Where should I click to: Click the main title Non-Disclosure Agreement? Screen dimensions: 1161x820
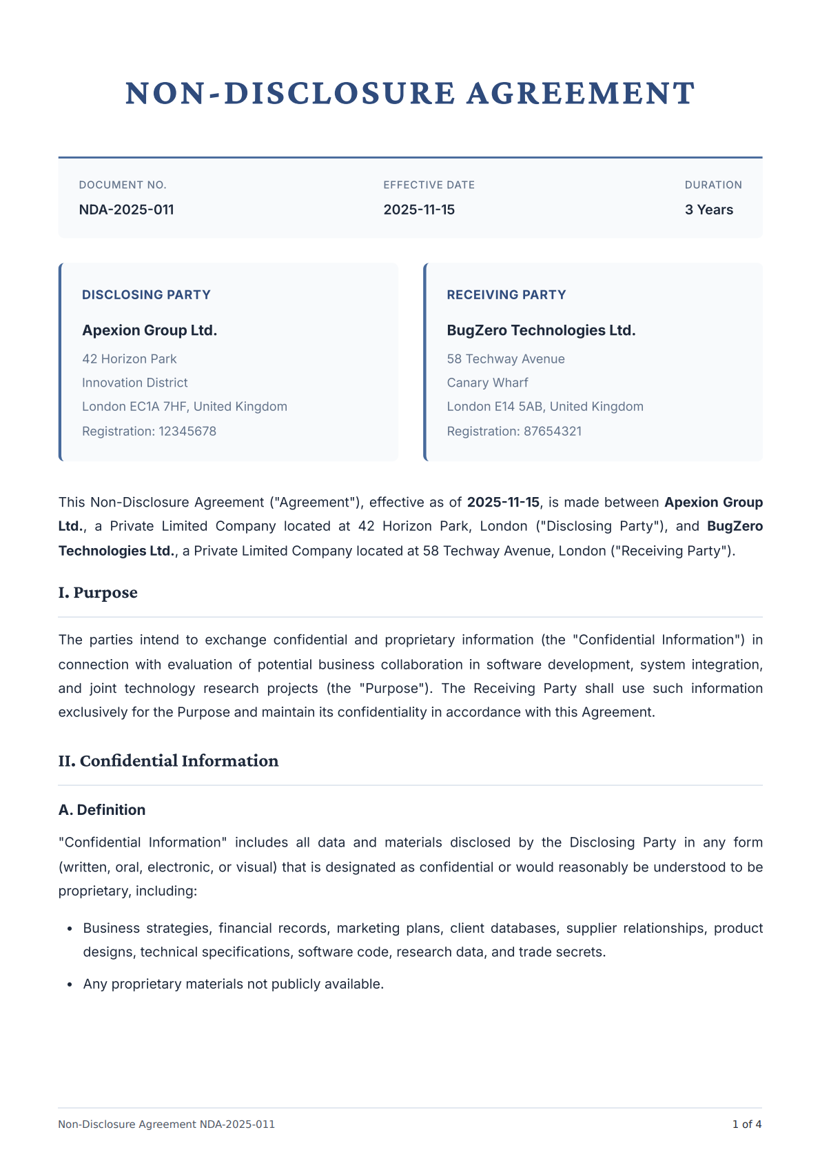click(410, 94)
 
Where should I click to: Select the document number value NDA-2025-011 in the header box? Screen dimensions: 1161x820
click(126, 210)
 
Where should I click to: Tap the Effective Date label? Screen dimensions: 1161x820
click(429, 185)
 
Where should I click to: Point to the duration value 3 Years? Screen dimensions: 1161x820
click(708, 210)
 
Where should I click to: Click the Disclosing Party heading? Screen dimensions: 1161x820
click(146, 295)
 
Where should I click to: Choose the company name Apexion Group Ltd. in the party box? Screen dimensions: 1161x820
click(150, 330)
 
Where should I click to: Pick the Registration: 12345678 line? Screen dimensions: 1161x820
click(149, 432)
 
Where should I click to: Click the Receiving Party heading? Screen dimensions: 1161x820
click(506, 295)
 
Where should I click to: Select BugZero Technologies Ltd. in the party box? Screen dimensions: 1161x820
click(541, 330)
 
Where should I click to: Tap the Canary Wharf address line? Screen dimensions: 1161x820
click(487, 383)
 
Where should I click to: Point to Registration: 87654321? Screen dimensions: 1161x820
click(514, 432)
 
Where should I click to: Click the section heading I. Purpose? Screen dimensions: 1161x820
click(98, 593)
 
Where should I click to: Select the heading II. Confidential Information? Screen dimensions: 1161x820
click(168, 761)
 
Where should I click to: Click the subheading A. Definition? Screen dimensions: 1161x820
click(102, 810)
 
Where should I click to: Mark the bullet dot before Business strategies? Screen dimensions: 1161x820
click(70, 929)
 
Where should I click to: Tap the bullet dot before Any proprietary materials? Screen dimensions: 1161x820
click(70, 985)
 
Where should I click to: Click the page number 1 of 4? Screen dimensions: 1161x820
click(746, 1124)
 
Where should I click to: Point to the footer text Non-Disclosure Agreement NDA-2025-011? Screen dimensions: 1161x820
click(166, 1124)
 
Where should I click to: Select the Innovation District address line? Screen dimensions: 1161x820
click(134, 383)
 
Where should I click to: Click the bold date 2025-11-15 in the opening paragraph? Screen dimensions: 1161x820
click(503, 502)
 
